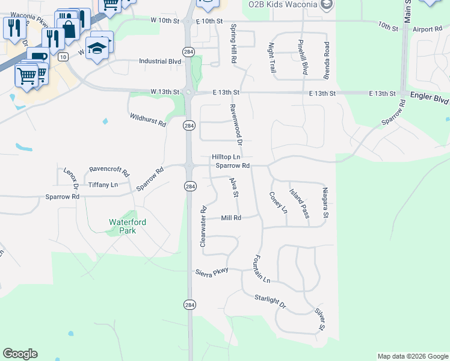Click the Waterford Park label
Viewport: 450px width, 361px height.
(x=127, y=226)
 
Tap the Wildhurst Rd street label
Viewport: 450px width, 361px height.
(x=147, y=119)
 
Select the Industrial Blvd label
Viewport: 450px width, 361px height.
(x=159, y=61)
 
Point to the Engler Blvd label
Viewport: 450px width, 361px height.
(x=430, y=95)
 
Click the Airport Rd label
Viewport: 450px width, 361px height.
(x=427, y=28)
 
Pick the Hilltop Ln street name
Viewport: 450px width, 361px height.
(x=226, y=156)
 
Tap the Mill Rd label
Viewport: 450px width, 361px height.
(x=231, y=218)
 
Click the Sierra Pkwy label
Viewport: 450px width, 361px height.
(x=212, y=272)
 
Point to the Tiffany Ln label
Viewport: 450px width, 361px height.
(x=103, y=185)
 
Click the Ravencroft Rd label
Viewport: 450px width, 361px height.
(x=109, y=171)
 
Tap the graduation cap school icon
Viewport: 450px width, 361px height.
(x=96, y=46)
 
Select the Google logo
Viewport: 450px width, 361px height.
(x=20, y=354)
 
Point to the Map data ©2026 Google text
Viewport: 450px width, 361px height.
(x=412, y=356)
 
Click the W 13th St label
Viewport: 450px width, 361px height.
(x=165, y=92)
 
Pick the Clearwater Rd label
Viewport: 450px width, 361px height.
(x=203, y=226)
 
